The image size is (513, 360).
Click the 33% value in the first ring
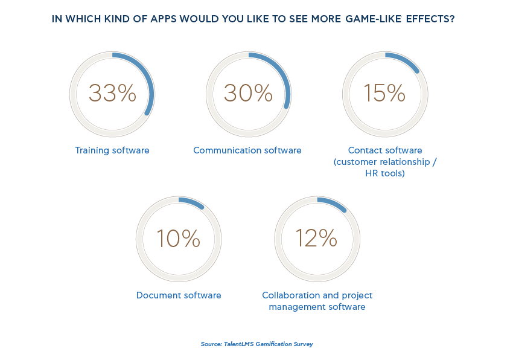[112, 94]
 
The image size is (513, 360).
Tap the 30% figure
[248, 94]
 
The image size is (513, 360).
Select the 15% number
[384, 94]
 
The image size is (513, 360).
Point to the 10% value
[178, 239]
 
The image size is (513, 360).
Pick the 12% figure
[316, 239]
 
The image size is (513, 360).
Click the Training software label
[112, 150]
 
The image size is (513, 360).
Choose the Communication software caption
[247, 150]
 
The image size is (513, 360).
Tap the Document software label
[179, 295]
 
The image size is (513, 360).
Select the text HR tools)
[385, 173]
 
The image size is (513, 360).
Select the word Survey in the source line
[302, 344]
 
